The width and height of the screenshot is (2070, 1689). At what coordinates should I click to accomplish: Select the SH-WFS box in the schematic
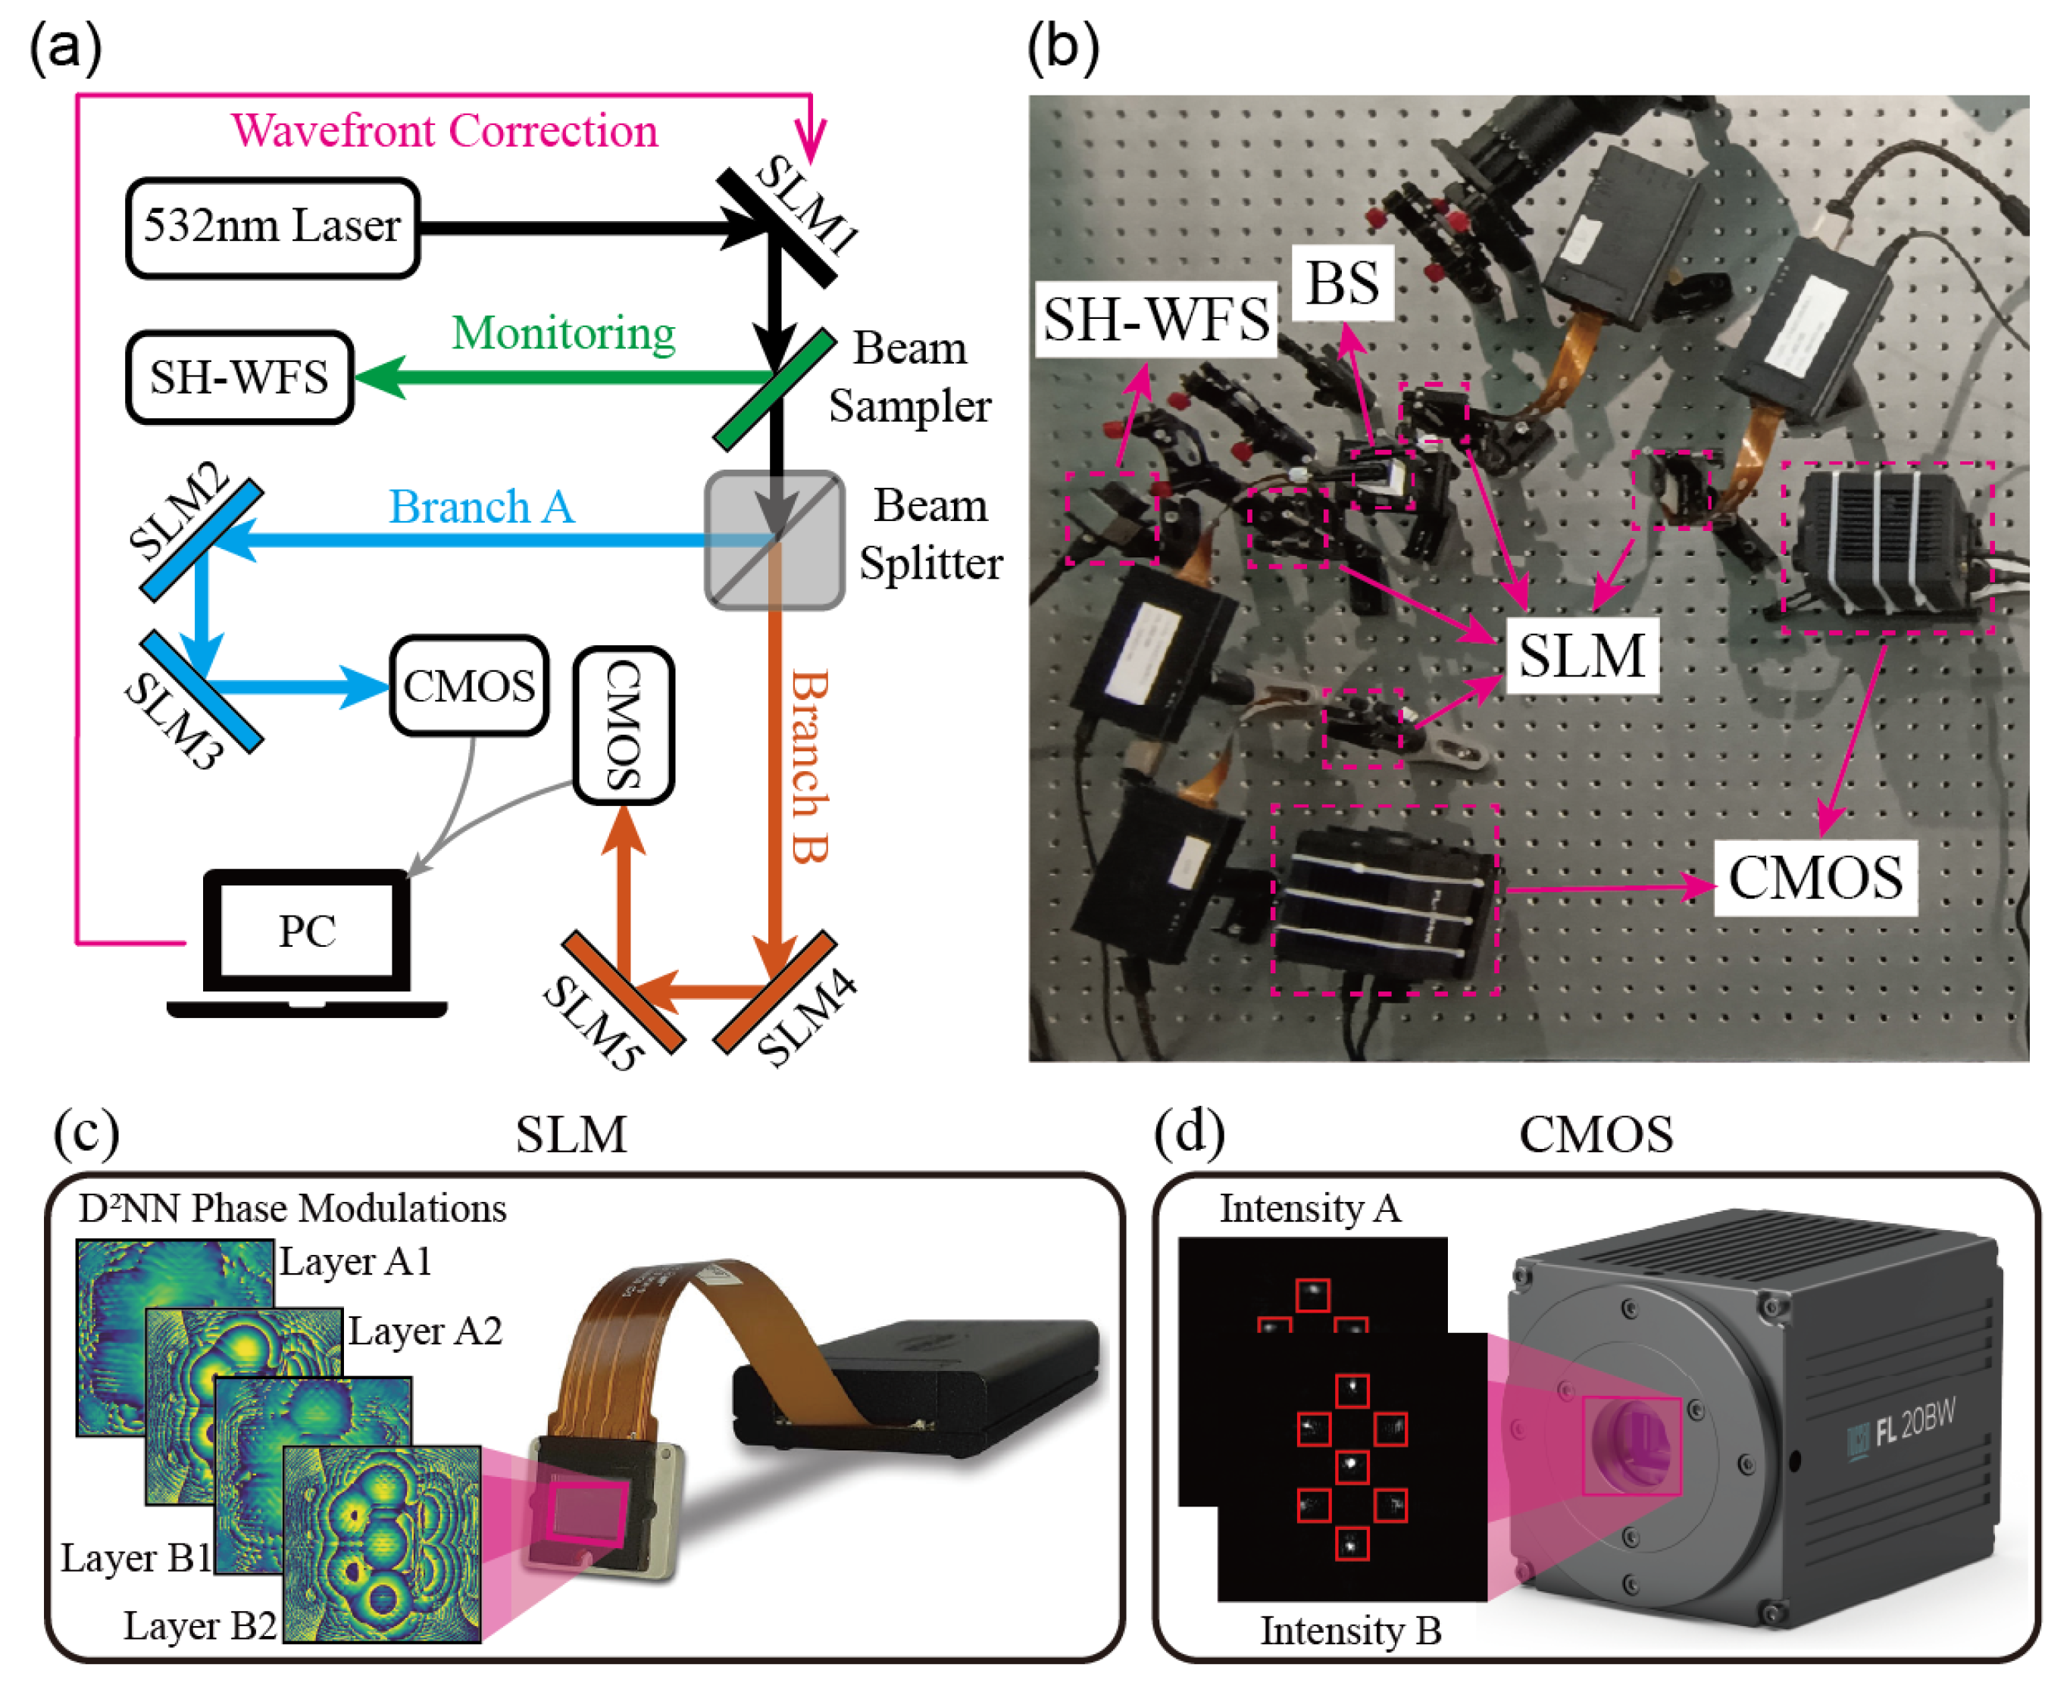[x=239, y=377]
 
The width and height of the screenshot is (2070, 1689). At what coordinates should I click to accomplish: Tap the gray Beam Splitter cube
[x=774, y=541]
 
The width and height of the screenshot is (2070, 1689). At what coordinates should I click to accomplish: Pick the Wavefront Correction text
[x=445, y=130]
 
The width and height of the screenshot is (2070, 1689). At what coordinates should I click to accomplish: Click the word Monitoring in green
[x=564, y=334]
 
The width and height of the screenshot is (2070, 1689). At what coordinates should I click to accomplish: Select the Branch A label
[x=481, y=507]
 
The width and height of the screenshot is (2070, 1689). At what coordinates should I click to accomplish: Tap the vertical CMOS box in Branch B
[x=624, y=726]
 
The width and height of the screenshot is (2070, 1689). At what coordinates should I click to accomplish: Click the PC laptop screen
[x=307, y=931]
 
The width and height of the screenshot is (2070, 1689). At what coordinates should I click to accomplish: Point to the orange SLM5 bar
[x=623, y=992]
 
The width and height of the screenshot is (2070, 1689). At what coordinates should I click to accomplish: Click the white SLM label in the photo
[x=1581, y=655]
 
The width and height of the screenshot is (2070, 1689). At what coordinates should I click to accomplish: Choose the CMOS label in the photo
[x=1815, y=879]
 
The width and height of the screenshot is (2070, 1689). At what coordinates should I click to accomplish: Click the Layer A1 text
[x=355, y=1262]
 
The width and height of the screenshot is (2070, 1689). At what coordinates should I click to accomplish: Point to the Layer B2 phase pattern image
[x=381, y=1544]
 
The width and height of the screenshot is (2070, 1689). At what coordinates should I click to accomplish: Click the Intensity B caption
[x=1351, y=1631]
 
